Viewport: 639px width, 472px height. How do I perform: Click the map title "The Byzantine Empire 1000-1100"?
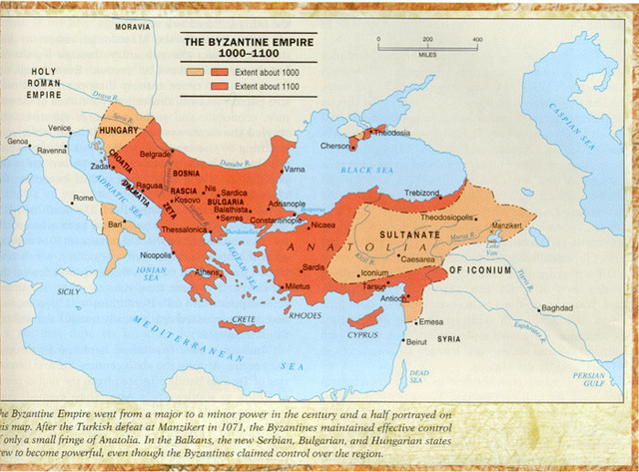tap(247, 48)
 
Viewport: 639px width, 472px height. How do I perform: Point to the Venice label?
tap(60, 128)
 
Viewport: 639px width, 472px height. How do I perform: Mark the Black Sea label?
tap(366, 171)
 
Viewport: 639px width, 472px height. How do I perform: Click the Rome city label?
tap(84, 199)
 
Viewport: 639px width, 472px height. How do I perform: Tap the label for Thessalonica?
tap(185, 229)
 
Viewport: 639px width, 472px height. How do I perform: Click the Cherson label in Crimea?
tap(332, 146)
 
